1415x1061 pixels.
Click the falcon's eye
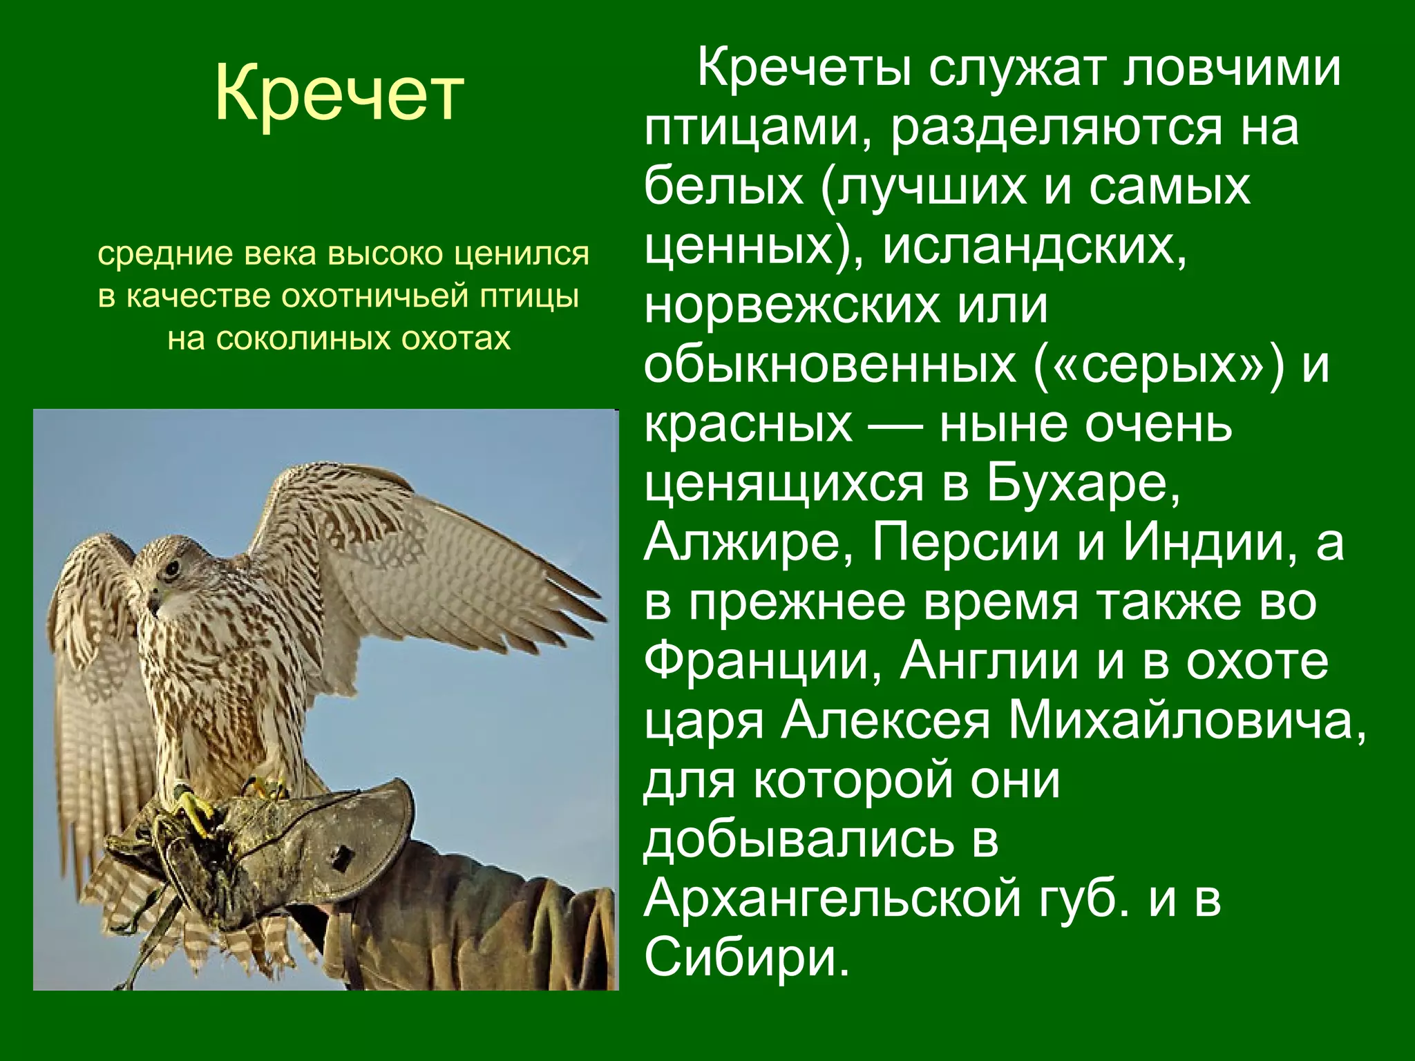pyautogui.click(x=171, y=570)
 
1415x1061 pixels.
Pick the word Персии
pyautogui.click(x=964, y=544)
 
